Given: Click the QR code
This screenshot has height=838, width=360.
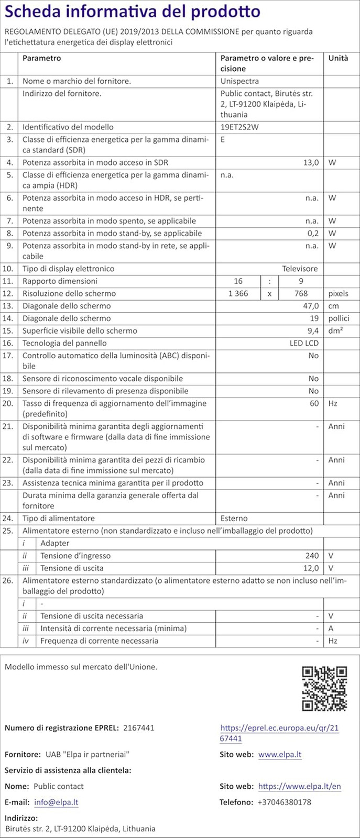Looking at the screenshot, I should point(325,688).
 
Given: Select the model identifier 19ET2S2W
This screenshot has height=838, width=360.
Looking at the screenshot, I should point(239,127).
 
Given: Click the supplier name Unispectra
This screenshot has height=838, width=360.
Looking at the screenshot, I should point(239,81).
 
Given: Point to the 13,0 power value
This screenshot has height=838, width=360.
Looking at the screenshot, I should point(311,162).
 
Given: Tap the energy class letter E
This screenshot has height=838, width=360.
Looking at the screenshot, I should point(223,139).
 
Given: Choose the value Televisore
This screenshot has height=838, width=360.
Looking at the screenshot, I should point(300,269).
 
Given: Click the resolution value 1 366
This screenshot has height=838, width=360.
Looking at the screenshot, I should point(238,294).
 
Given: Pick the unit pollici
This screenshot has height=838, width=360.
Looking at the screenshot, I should point(339,318).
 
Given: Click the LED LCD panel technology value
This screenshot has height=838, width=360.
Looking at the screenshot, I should point(304,343).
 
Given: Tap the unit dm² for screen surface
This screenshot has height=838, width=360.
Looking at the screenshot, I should point(335,331).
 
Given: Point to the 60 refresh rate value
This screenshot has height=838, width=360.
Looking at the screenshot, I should point(314,403).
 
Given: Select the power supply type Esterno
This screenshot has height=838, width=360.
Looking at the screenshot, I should point(234,519).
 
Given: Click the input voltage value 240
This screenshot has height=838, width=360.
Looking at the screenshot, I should point(312,556).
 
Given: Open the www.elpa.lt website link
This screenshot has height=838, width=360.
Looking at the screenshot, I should point(280,755).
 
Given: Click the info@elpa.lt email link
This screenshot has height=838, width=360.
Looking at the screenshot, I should point(56,802).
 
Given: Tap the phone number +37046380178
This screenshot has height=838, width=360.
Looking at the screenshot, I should point(284,802).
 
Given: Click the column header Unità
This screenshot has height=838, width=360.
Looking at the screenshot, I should point(338,58).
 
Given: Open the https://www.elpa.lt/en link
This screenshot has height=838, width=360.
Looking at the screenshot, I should point(299,786).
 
